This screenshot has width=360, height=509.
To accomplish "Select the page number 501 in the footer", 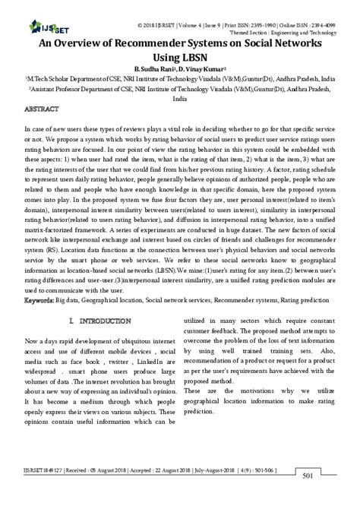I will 328,498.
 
